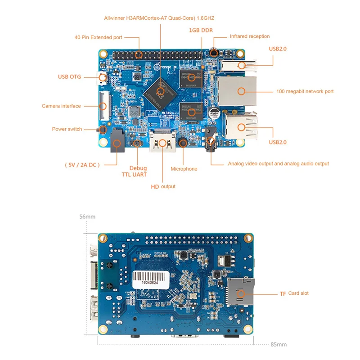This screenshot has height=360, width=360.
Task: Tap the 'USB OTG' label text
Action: [69, 77]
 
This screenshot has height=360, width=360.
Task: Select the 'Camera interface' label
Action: [61, 106]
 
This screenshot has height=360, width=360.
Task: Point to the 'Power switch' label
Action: [67, 129]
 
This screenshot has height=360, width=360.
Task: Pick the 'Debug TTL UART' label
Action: [138, 171]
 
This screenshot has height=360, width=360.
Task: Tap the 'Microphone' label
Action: [184, 169]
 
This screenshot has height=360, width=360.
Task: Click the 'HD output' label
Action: [163, 186]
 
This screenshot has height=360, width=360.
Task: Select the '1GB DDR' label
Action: [201, 30]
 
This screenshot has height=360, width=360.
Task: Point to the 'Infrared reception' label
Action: [250, 36]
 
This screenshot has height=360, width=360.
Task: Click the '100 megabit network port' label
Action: [305, 91]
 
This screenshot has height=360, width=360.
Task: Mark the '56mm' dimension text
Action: [87, 216]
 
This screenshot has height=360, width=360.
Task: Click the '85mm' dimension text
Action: [279, 345]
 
